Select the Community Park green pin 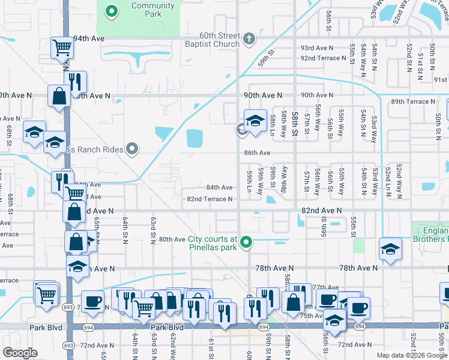pos(111,11)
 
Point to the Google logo pos(20,353)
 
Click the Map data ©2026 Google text pos(412,355)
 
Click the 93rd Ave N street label pos(316,48)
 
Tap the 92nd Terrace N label pos(325,58)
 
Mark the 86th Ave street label pos(257,153)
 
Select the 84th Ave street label pos(220,187)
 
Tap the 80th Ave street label pos(172,239)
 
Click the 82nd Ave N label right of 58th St pos(321,211)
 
